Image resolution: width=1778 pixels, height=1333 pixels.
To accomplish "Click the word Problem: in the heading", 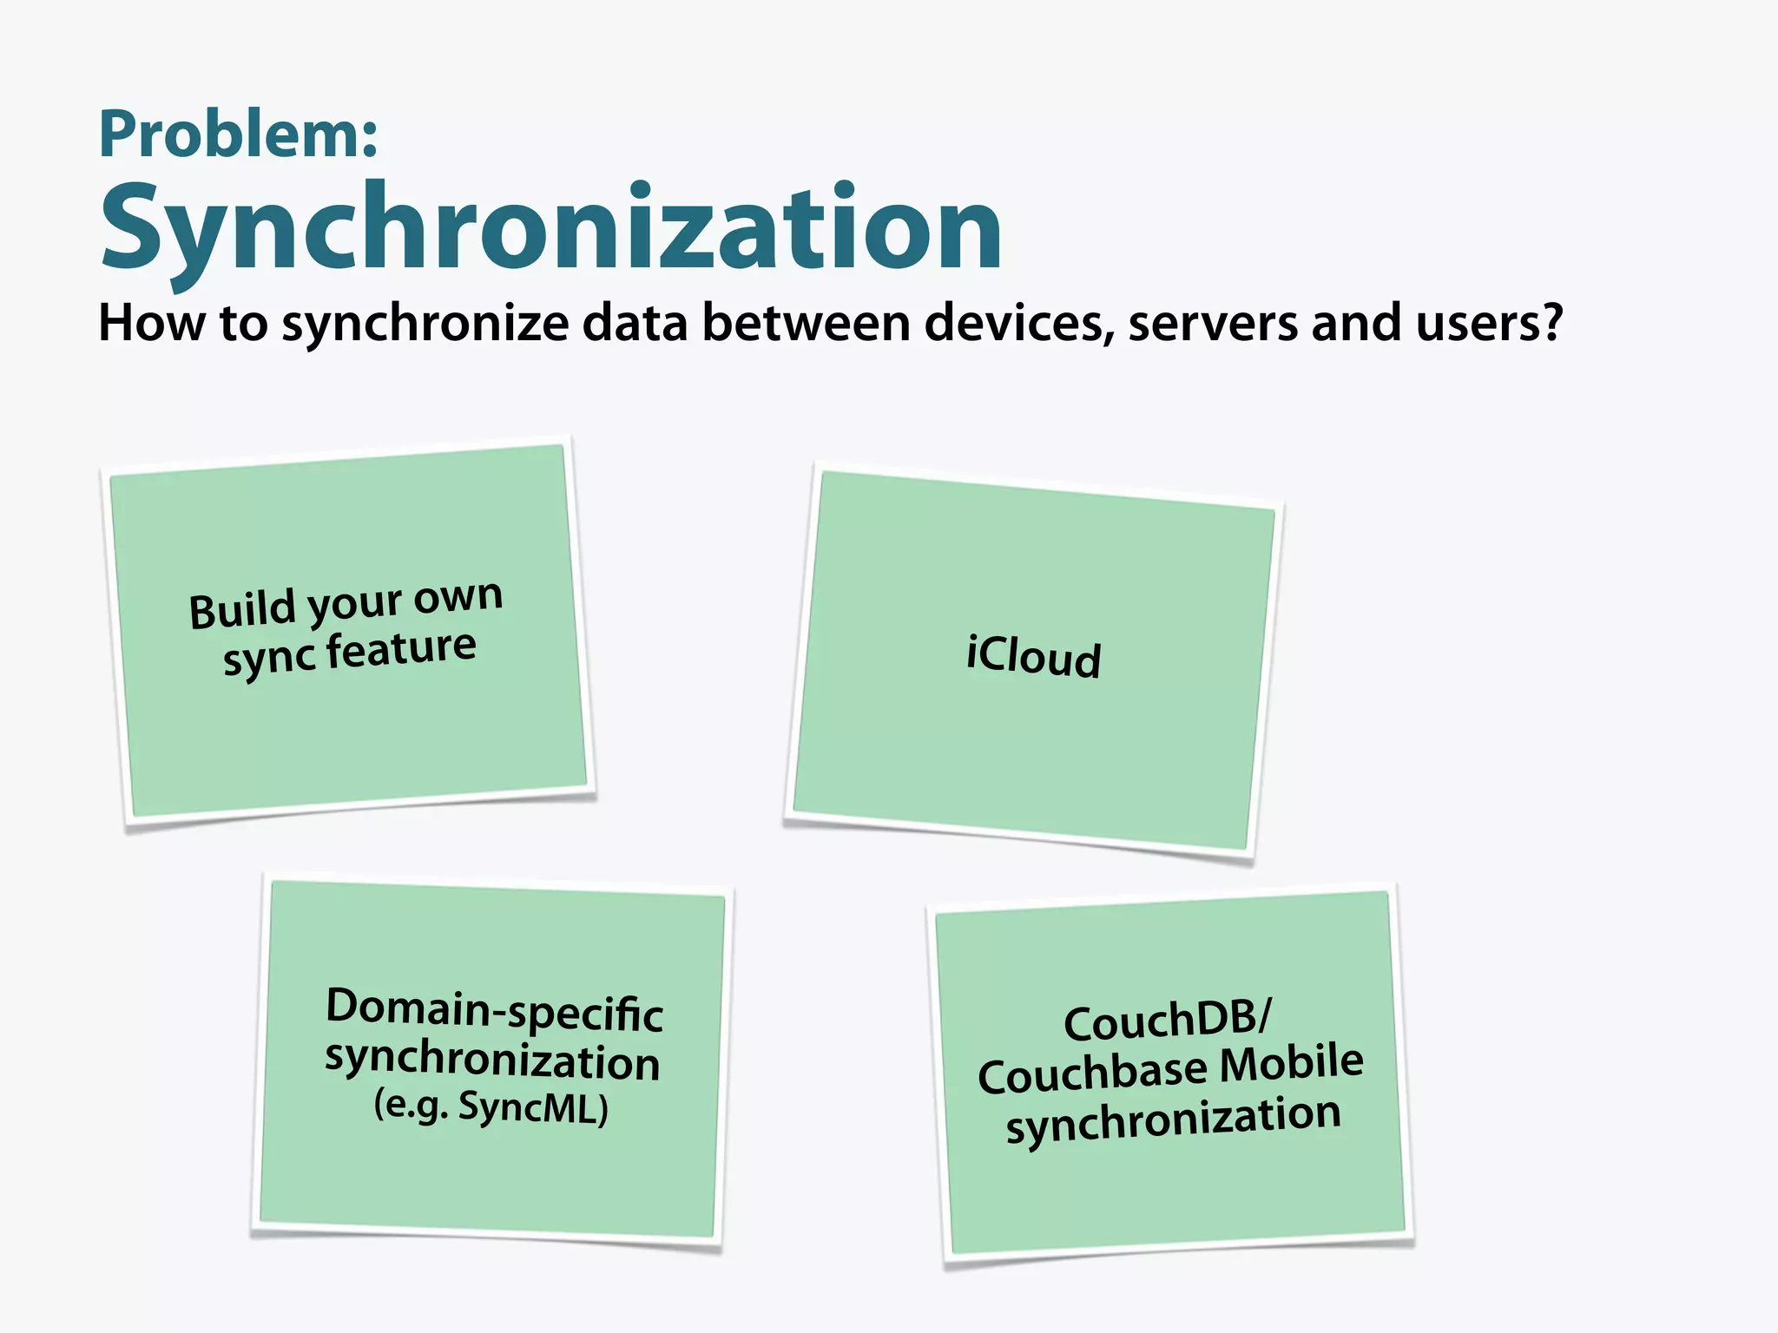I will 239,135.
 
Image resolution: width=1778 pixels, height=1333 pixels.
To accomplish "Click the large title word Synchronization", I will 551,227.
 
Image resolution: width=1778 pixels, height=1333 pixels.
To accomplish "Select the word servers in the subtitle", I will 1214,323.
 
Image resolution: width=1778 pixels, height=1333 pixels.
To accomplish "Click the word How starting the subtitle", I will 151,323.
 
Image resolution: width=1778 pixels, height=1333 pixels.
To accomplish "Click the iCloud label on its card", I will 1033,656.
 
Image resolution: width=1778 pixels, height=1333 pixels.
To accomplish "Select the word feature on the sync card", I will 401,649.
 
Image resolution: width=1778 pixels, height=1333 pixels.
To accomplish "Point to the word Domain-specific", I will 494,1010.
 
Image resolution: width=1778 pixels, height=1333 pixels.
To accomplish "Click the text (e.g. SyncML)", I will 491,1106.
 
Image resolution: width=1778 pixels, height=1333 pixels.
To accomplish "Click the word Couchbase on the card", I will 1091,1074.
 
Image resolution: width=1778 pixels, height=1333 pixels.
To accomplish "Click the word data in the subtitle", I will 635,323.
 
